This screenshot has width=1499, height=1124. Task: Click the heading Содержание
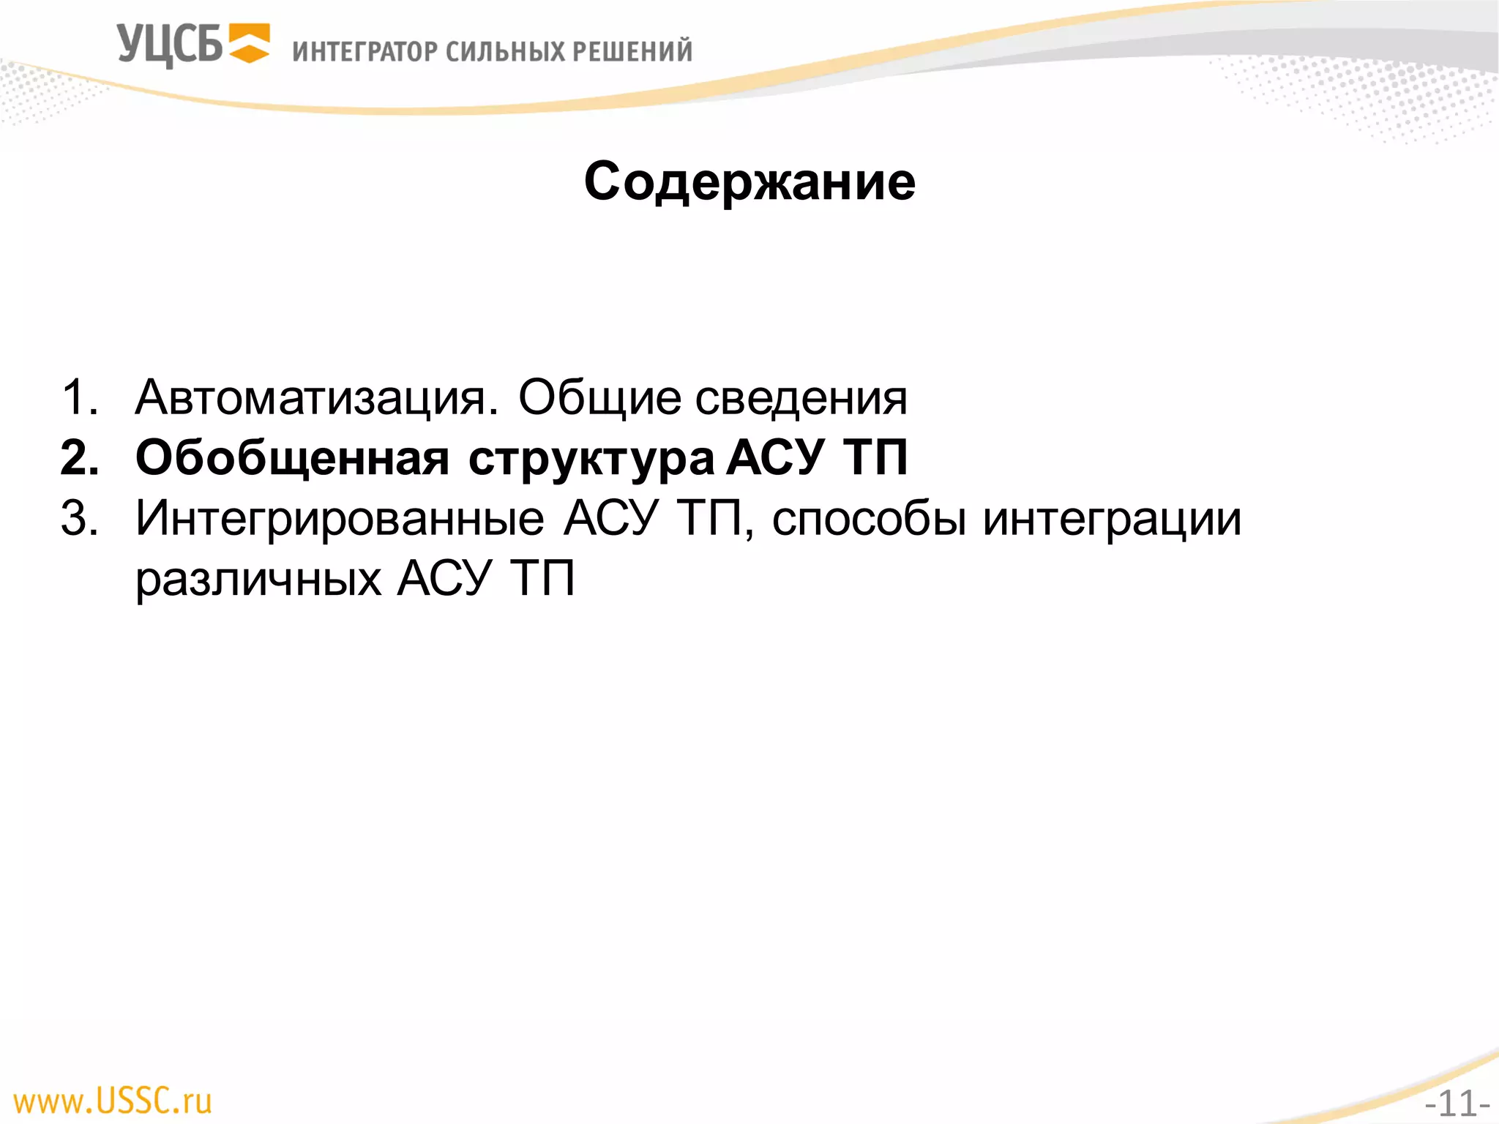tap(749, 181)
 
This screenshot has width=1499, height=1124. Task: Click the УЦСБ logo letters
tap(169, 45)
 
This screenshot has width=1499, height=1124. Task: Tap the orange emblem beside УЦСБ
tap(249, 43)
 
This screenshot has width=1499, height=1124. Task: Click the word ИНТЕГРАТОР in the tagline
tap(364, 52)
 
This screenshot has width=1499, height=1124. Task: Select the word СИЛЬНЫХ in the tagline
tap(505, 52)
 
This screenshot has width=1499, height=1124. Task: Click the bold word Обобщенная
tap(292, 459)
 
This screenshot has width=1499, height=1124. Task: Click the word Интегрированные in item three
tap(340, 520)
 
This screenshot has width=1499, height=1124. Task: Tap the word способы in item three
tap(869, 520)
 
